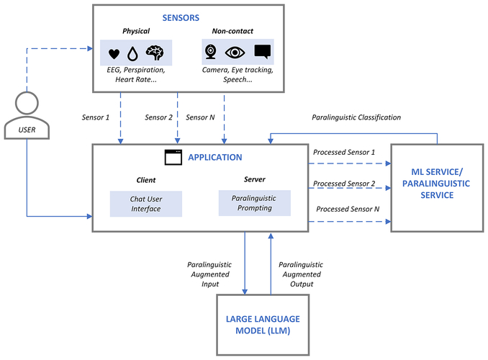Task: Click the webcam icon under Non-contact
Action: point(212,52)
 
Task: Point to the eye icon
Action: point(235,52)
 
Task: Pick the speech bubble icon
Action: point(262,52)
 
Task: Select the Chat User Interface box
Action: point(146,204)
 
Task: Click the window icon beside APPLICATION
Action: point(172,156)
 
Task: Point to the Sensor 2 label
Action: point(159,117)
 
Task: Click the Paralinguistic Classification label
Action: point(356,117)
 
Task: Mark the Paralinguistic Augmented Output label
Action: point(302,274)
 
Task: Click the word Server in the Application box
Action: point(254,179)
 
